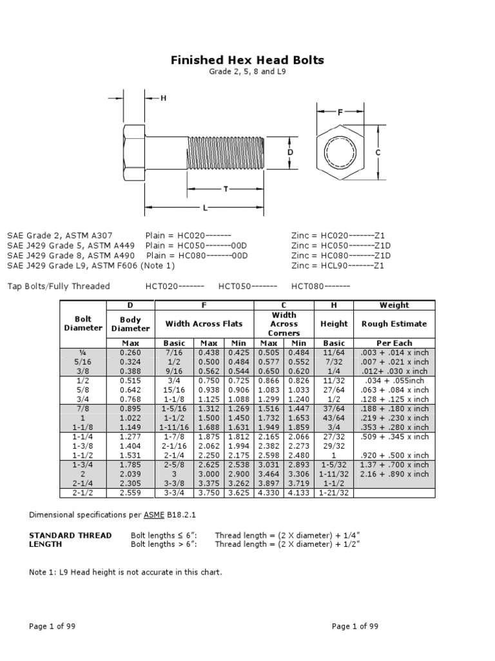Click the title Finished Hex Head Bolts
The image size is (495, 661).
(247, 61)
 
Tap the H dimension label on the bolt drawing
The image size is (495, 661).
(163, 98)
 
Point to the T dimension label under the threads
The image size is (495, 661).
(226, 189)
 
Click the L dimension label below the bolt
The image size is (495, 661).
(205, 207)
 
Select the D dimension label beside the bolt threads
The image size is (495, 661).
(291, 152)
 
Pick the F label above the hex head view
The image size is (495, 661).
(340, 112)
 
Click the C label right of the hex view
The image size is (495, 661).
(378, 152)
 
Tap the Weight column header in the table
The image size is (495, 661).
(394, 305)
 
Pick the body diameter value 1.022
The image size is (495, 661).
(131, 418)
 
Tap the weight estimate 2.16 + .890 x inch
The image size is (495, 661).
(394, 474)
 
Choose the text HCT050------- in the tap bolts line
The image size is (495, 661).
(247, 286)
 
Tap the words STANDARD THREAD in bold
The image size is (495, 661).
(71, 535)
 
